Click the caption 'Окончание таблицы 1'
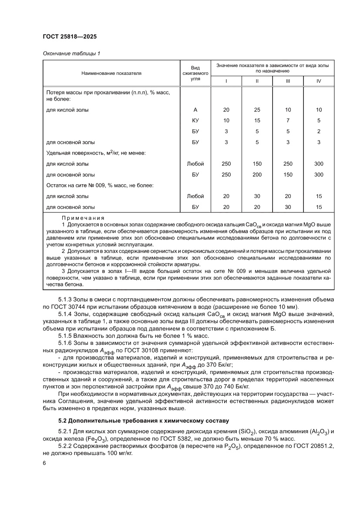tap(71, 54)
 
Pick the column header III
tap(288, 81)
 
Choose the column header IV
tap(319, 81)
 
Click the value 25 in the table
tap(257, 110)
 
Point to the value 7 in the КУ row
tap(288, 120)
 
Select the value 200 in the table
tap(257, 175)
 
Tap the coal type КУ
tap(195, 120)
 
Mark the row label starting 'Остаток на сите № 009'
tap(100, 185)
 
